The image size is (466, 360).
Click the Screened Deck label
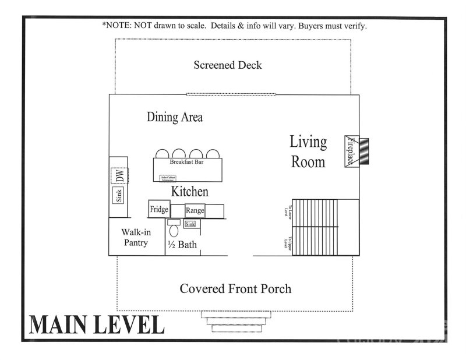pyautogui.click(x=228, y=65)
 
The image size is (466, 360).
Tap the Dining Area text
pyautogui.click(x=175, y=117)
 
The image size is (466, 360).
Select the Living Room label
pyautogui.click(x=308, y=151)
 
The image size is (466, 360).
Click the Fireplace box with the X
pyautogui.click(x=351, y=151)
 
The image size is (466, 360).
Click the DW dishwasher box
pyautogui.click(x=118, y=175)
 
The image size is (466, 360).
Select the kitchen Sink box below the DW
pyautogui.click(x=119, y=196)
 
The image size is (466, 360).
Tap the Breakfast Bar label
pyautogui.click(x=189, y=163)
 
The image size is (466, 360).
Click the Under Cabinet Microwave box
pyautogui.click(x=168, y=178)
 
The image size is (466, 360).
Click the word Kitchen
pyautogui.click(x=189, y=191)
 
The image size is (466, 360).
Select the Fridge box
pyautogui.click(x=159, y=209)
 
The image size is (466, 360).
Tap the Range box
pyautogui.click(x=194, y=210)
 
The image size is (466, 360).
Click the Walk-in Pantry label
pyautogui.click(x=136, y=237)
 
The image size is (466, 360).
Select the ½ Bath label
pyautogui.click(x=182, y=245)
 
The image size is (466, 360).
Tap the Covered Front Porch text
pyautogui.click(x=235, y=288)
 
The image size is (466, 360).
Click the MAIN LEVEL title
pyautogui.click(x=97, y=324)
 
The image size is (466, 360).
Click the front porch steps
pyautogui.click(x=236, y=321)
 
